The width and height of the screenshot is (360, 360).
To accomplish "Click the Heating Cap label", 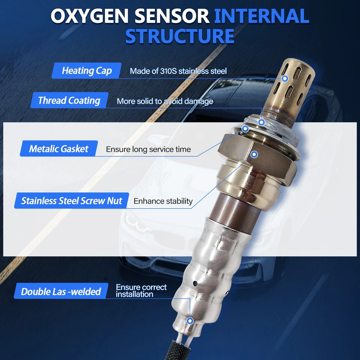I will (x=87, y=70).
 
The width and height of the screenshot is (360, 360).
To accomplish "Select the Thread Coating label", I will (x=69, y=100).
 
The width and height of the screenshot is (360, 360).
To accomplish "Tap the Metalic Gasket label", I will (x=58, y=148).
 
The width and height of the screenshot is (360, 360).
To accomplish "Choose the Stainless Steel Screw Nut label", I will (x=71, y=201).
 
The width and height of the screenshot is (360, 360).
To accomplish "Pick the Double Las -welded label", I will (x=61, y=291).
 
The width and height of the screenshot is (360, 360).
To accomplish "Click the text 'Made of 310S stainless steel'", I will (x=178, y=71).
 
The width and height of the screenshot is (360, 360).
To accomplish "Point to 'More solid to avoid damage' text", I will (x=165, y=101).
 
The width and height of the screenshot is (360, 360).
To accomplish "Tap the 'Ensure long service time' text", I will (x=148, y=149).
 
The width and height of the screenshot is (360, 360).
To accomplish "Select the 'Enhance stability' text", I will (x=163, y=201).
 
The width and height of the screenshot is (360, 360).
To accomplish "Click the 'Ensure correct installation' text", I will (x=141, y=291).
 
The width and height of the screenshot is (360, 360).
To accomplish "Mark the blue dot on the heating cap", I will (x=285, y=79).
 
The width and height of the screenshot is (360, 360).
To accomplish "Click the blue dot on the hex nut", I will (x=254, y=154).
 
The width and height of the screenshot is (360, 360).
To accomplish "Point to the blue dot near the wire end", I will (x=190, y=321).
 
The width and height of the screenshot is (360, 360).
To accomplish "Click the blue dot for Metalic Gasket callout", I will (x=246, y=129).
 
